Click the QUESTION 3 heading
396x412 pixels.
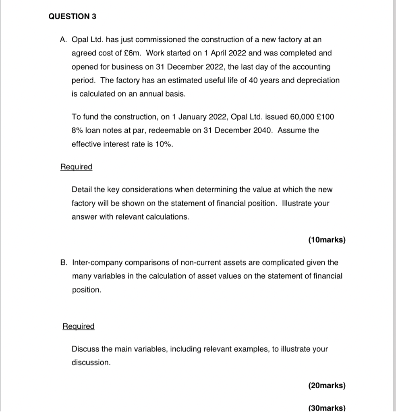point(73,16)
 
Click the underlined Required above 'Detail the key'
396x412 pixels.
point(76,167)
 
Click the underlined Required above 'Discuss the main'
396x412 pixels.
point(79,326)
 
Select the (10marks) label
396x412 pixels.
point(327,240)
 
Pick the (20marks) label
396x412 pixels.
point(327,385)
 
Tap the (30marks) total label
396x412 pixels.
point(327,408)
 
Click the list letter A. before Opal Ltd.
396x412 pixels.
point(63,40)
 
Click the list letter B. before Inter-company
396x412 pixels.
point(64,262)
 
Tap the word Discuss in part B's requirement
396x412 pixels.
point(85,349)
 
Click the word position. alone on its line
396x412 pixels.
point(86,290)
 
